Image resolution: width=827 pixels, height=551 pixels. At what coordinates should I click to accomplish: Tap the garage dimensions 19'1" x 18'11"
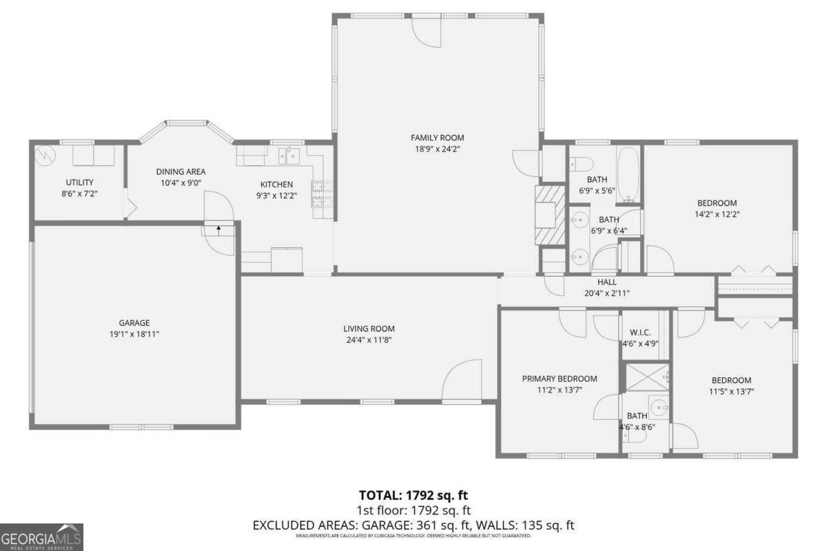tap(134, 334)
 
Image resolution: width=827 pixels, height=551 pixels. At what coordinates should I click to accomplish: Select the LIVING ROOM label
tap(369, 329)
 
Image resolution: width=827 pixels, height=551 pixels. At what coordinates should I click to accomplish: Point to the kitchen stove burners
tap(319, 194)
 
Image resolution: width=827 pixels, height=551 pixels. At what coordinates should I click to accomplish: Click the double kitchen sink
tap(289, 156)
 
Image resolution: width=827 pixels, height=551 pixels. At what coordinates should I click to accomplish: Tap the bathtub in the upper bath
tap(628, 174)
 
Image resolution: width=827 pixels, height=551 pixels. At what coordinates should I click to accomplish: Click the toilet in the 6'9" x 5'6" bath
tap(581, 165)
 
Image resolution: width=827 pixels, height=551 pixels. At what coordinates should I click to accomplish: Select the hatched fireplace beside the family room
tap(550, 215)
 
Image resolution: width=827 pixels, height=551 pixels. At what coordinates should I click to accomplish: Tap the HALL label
tap(606, 282)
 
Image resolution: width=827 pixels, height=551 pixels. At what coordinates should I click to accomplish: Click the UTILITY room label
tap(79, 182)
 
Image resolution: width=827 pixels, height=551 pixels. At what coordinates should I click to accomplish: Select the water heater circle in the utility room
tap(45, 154)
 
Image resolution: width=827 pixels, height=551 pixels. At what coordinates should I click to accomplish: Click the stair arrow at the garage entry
tap(219, 229)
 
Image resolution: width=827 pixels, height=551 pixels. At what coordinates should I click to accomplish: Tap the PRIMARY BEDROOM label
tap(559, 378)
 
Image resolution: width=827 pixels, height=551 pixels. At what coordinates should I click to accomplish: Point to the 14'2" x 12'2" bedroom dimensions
tap(717, 214)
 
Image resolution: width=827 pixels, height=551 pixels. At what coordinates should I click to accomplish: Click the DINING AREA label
tap(181, 171)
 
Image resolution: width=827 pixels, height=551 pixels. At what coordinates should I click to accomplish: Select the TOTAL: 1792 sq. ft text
tap(413, 495)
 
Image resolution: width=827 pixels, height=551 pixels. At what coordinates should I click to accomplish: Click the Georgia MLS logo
tap(41, 537)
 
